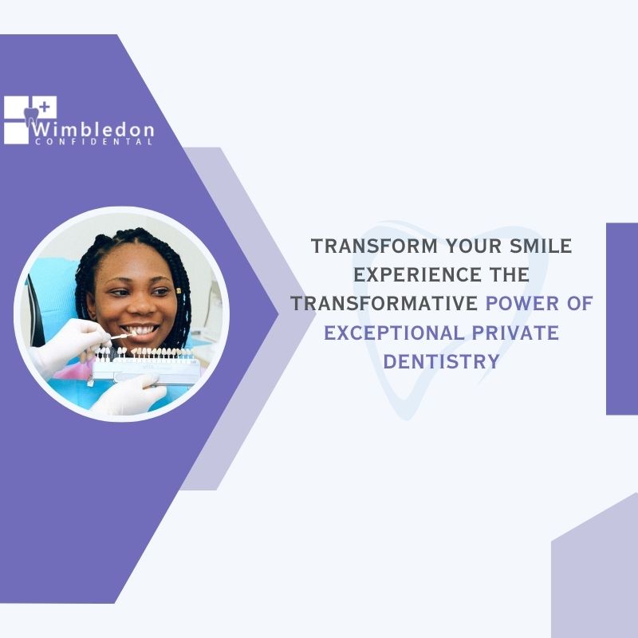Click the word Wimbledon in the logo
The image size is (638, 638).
[x=93, y=129]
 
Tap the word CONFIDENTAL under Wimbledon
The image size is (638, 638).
[x=93, y=142]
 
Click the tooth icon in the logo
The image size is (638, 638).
[x=31, y=117]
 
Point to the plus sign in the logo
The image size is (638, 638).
[x=45, y=107]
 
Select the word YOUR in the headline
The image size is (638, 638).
[x=474, y=246]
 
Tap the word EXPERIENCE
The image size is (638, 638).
[x=417, y=274]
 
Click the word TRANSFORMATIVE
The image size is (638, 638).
[x=384, y=304]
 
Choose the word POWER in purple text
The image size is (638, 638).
[x=522, y=304]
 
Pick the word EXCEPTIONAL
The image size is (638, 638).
[x=394, y=333]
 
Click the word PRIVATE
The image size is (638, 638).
[x=515, y=333]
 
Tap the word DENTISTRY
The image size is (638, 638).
[x=442, y=362]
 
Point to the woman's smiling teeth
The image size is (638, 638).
[x=140, y=329]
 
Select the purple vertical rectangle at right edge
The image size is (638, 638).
[x=622, y=319]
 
